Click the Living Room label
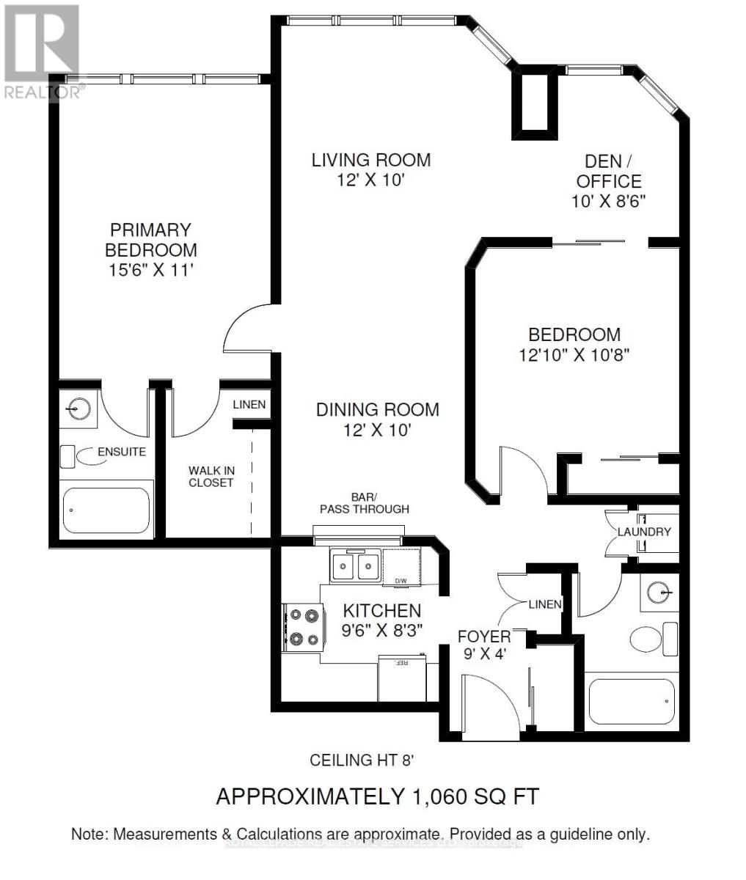(x=371, y=160)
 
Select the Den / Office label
(x=608, y=171)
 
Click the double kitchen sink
(x=355, y=565)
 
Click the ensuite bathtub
(x=106, y=510)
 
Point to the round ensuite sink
(x=78, y=404)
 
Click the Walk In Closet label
(x=211, y=476)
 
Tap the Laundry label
(x=643, y=532)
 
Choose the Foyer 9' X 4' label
(x=484, y=644)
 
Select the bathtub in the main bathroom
(x=632, y=703)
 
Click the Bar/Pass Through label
(x=364, y=503)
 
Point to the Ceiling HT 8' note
(x=362, y=760)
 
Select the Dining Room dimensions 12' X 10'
(x=377, y=430)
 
